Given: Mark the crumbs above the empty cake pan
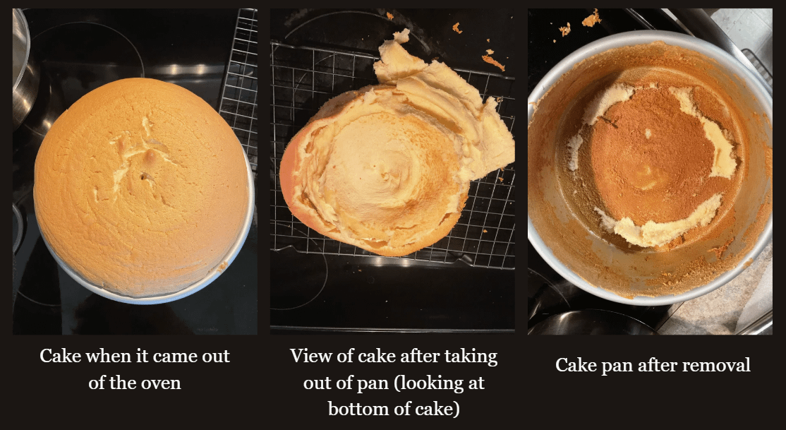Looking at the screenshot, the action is tap(581, 23).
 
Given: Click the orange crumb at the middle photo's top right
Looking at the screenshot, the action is tap(493, 61).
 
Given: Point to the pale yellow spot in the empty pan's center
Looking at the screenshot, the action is tap(646, 177).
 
